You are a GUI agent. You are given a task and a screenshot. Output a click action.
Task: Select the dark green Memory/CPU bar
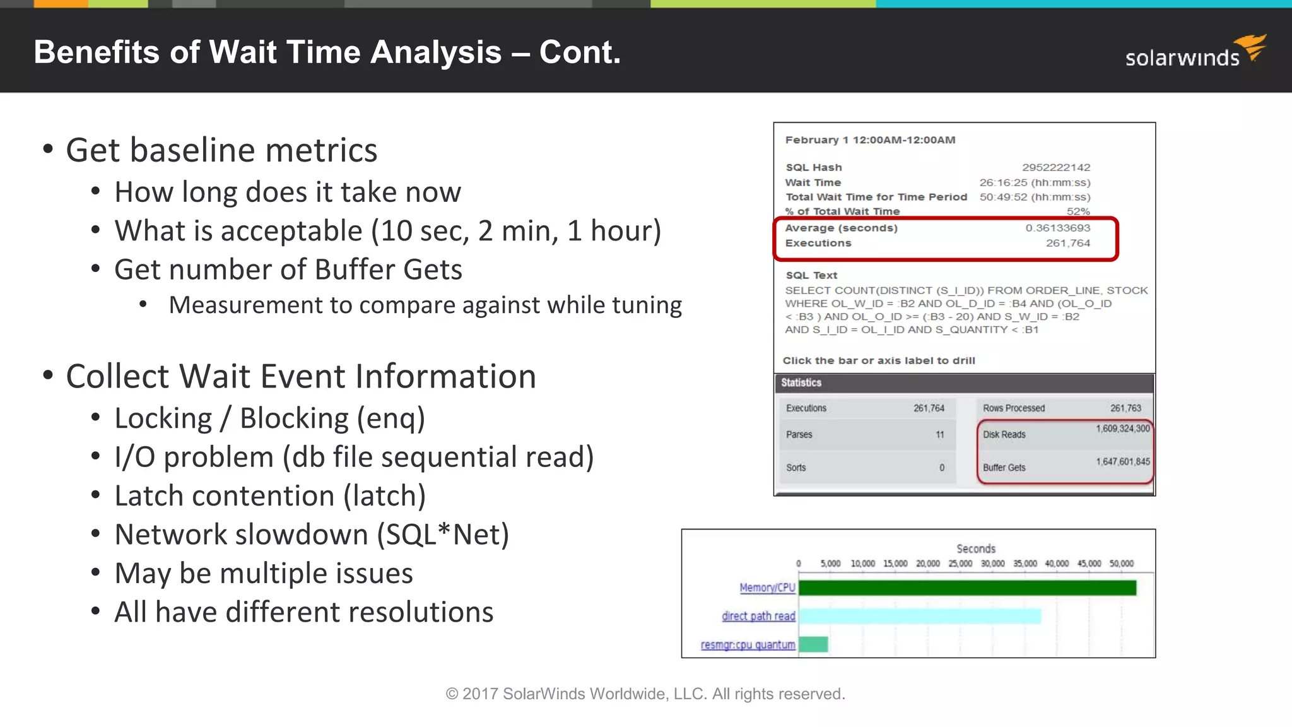click(967, 588)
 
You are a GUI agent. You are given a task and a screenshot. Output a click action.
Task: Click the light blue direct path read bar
click(919, 616)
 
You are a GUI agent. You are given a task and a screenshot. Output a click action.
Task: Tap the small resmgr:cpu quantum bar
click(813, 644)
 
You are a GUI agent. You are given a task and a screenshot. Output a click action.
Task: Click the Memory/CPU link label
click(767, 588)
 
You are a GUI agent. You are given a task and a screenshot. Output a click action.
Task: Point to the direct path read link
click(758, 616)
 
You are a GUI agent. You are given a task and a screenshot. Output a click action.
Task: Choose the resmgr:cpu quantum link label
click(748, 644)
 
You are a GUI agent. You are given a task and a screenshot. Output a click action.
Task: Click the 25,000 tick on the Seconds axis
click(960, 564)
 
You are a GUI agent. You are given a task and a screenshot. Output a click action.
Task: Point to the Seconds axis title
click(976, 549)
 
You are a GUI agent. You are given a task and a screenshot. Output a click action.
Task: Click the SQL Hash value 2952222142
click(1056, 167)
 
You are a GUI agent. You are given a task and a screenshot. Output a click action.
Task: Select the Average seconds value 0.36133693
click(1057, 228)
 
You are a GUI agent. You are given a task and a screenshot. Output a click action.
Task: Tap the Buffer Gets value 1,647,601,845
click(1122, 461)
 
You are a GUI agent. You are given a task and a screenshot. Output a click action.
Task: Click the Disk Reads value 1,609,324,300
click(1122, 429)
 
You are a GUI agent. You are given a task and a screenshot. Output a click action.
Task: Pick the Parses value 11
click(939, 434)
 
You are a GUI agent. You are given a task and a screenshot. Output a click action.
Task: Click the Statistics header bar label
click(801, 382)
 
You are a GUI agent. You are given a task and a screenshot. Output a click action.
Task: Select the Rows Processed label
click(1013, 408)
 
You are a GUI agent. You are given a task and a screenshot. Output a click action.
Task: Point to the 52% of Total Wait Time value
click(1078, 211)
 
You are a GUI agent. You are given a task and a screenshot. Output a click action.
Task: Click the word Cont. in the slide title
click(580, 52)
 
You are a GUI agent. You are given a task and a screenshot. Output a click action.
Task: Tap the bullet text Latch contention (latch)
click(270, 496)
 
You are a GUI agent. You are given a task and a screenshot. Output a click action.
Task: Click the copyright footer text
click(645, 694)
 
